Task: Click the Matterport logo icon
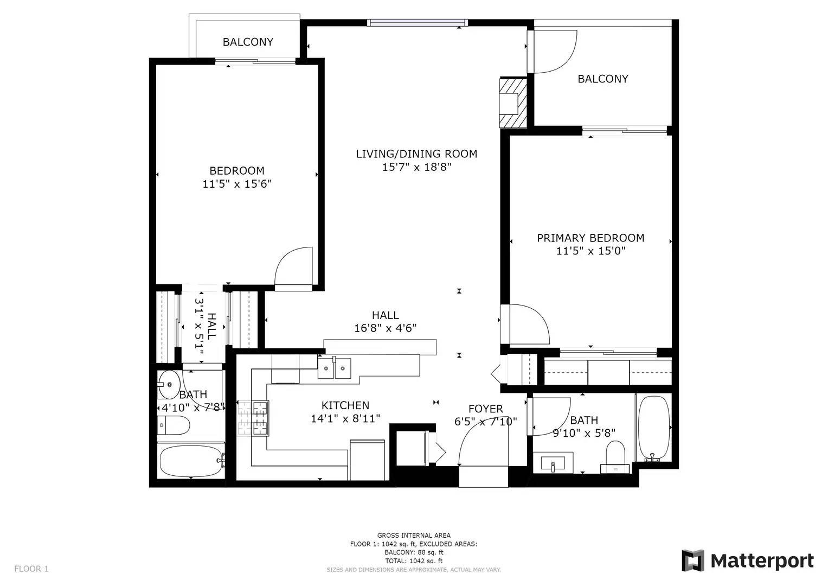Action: coord(693,561)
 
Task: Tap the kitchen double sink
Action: coord(334,368)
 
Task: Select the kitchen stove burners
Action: coord(260,418)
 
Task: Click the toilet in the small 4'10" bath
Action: coord(174,425)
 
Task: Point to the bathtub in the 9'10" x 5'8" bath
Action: coord(653,429)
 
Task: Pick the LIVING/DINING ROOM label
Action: coord(416,154)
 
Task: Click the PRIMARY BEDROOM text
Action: coord(590,238)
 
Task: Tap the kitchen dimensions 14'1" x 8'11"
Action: coord(345,418)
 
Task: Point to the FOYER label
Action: coord(486,409)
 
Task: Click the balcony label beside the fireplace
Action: coord(603,79)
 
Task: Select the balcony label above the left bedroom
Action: coord(248,42)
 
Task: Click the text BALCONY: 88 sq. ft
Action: coord(414,552)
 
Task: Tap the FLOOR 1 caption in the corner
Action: coord(31,569)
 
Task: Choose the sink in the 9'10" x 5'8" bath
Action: coord(553,463)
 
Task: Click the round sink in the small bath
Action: coord(169,384)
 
